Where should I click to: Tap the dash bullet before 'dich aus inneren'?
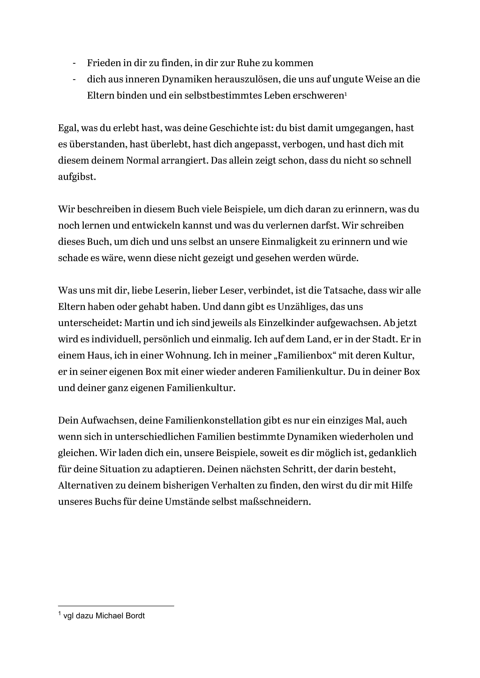(74, 79)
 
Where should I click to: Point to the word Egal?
(68, 128)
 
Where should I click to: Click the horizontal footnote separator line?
(116, 606)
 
